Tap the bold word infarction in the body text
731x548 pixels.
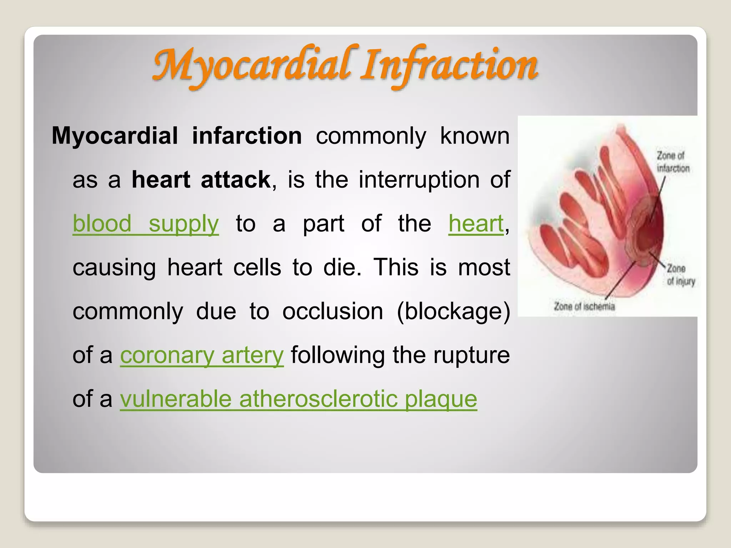pos(247,136)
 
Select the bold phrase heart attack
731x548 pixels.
pos(201,179)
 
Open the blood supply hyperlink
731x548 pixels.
pos(146,224)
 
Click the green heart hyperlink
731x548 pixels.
pos(476,224)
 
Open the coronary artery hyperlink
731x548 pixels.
pos(202,355)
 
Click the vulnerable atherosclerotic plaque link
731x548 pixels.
pos(298,399)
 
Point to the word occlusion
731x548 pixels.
pos(333,311)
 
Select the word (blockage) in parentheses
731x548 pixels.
pos(453,311)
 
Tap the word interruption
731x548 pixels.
pos(419,179)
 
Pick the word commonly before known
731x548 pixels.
pos(371,136)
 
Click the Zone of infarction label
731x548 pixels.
pos(673,162)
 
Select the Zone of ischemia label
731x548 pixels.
pos(584,306)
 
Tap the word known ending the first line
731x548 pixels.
pos(475,136)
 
